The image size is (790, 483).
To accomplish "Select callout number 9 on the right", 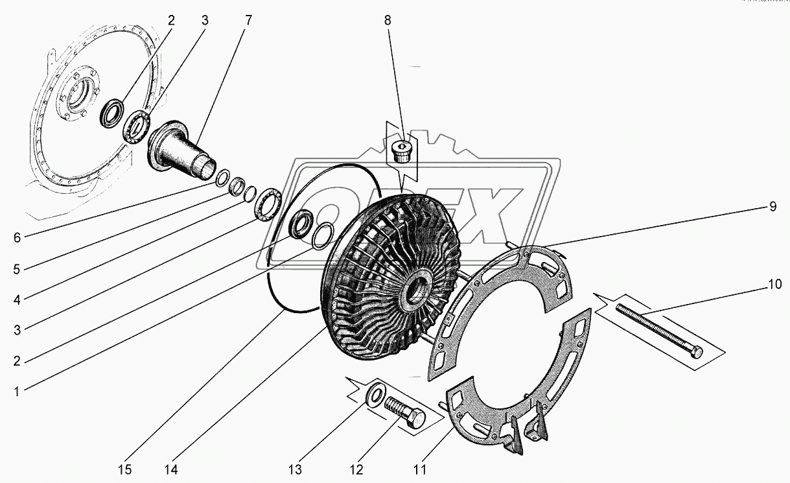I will [773, 207].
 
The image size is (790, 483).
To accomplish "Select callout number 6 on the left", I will [17, 237].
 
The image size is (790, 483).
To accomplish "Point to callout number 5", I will [17, 268].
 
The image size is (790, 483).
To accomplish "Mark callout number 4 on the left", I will [17, 299].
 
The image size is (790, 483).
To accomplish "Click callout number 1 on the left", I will [17, 390].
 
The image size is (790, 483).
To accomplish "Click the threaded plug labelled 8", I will [401, 153].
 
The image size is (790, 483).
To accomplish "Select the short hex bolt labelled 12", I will [405, 412].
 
